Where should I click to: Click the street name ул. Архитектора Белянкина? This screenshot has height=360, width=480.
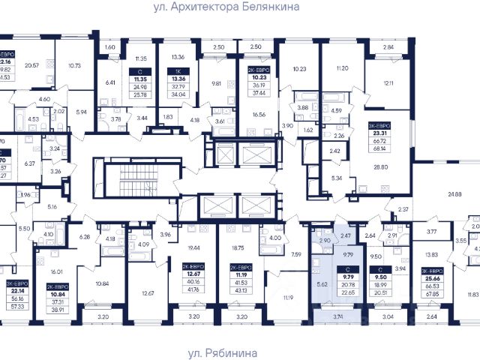pyautogui.click(x=240, y=7)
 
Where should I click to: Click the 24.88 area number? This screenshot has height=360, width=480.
pyautogui.click(x=454, y=194)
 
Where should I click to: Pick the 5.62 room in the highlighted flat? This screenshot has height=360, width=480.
pyautogui.click(x=321, y=285)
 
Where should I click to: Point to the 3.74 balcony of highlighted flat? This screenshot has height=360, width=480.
pyautogui.click(x=338, y=318)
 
